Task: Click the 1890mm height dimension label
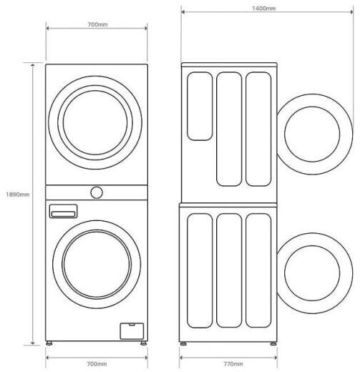pyautogui.click(x=17, y=195)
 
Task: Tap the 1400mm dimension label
pyautogui.click(x=263, y=9)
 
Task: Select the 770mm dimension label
pyautogui.click(x=233, y=364)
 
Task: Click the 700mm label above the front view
pyautogui.click(x=97, y=24)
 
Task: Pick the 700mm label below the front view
pyautogui.click(x=97, y=364)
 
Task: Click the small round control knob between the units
pyautogui.click(x=97, y=192)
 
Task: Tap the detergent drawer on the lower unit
pyautogui.click(x=63, y=211)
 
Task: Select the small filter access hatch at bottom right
pyautogui.click(x=132, y=331)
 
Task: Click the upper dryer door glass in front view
pyautogui.click(x=95, y=122)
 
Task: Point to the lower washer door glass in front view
pyautogui.click(x=97, y=264)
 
